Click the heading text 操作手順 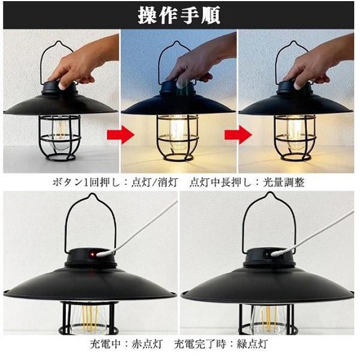(x=179, y=15)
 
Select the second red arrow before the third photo (x=242, y=134)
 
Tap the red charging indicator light (x=92, y=256)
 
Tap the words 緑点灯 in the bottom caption (x=251, y=346)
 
